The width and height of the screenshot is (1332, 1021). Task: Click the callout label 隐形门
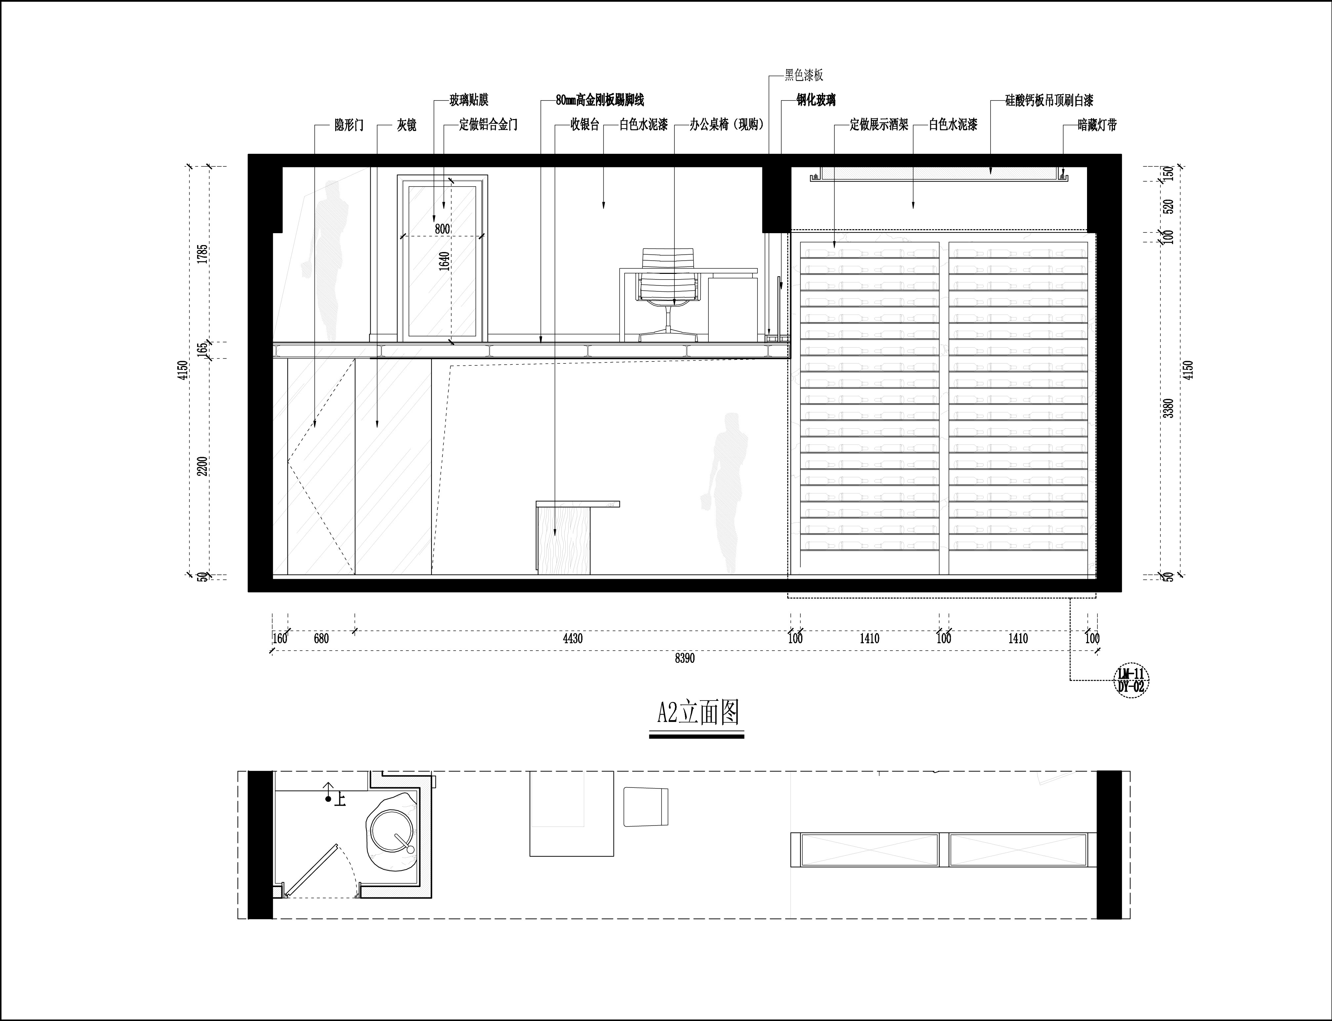(x=349, y=125)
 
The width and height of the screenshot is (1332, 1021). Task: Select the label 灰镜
(x=406, y=125)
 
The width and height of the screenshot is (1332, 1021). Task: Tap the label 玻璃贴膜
(x=469, y=100)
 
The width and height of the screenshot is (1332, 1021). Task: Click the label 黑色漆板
(x=804, y=75)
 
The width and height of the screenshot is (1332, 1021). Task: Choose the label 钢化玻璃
(x=816, y=100)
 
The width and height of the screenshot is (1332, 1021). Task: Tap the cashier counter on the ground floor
(x=577, y=537)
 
